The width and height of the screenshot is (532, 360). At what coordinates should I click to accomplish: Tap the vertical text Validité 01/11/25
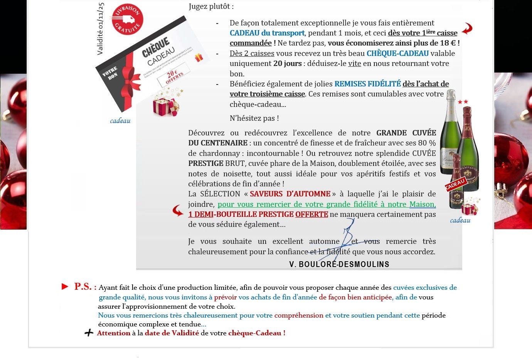pos(100,29)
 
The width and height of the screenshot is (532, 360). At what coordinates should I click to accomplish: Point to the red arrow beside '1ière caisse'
pos(467,29)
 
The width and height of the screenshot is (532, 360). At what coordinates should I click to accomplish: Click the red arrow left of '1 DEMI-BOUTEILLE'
pos(178,210)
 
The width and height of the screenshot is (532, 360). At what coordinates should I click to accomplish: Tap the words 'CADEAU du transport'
pos(267,33)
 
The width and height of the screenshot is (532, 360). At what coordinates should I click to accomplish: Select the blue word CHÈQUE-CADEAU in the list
pos(397,53)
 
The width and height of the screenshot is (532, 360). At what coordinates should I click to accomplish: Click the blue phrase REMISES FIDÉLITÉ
pos(367,84)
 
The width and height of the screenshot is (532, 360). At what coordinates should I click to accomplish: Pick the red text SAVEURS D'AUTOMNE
pos(290,194)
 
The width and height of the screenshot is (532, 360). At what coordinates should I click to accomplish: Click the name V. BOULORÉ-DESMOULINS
pos(339,264)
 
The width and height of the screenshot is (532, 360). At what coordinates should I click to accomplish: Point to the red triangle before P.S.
pos(65,286)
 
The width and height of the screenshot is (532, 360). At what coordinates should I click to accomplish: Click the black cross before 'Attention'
pos(89,333)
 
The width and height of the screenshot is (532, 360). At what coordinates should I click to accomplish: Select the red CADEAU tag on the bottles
pos(455,184)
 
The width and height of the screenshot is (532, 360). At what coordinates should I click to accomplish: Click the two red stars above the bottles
pos(463,102)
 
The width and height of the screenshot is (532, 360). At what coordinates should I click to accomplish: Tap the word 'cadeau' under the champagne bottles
pos(460,220)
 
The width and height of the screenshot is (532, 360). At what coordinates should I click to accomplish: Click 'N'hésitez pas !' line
pos(254,118)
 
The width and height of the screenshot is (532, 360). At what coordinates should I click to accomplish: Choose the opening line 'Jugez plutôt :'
pos(211,6)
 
